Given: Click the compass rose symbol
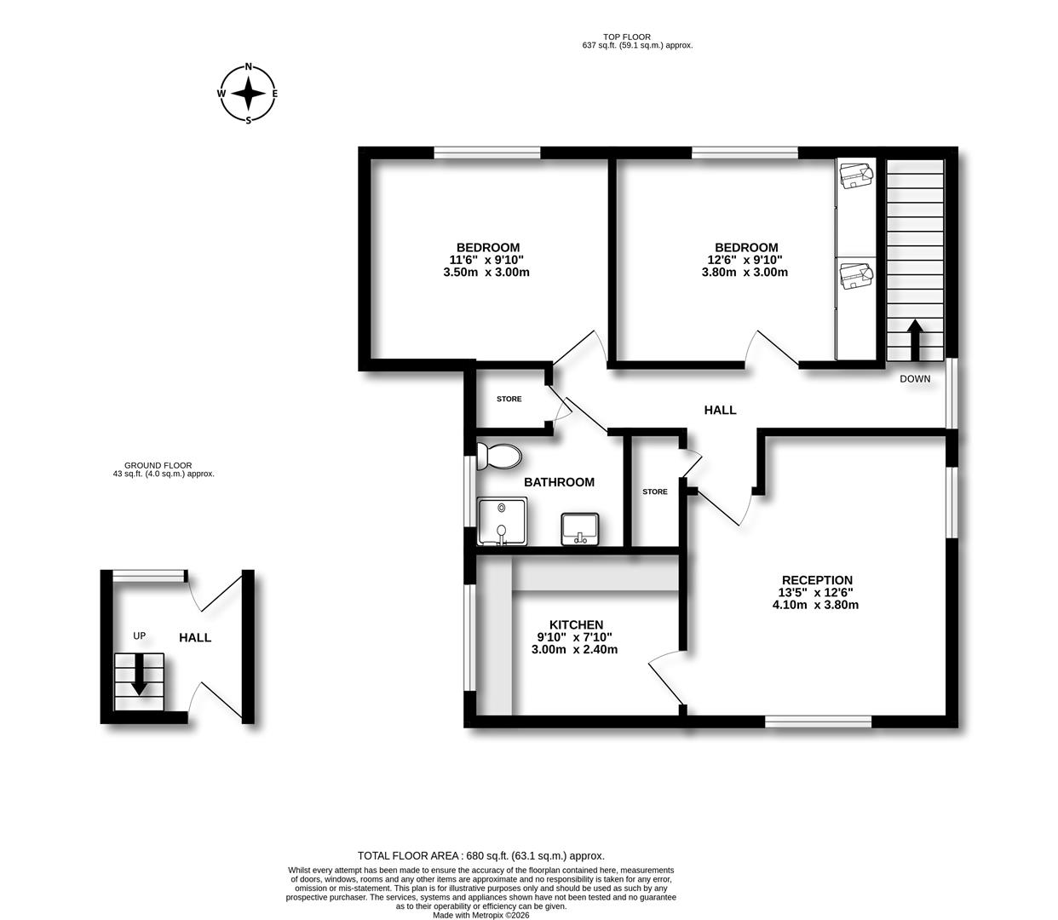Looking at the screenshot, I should coord(248,94).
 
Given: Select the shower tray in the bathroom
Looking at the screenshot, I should coord(502,521).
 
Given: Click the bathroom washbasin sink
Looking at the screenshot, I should coord(580,529).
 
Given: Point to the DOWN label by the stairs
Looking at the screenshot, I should coord(915,379).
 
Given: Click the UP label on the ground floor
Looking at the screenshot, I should coord(140,635).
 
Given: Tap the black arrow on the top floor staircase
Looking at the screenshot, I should coord(915,341).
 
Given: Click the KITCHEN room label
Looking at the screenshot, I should coord(576,624).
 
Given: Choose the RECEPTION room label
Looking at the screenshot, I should coord(817,580).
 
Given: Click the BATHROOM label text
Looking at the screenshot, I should coord(559,482).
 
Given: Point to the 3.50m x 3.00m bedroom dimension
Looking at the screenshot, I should coord(487,273).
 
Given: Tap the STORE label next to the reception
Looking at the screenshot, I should coord(654,492).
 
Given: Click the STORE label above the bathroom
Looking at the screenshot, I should coord(509,399).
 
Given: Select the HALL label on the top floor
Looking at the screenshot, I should coord(720,410).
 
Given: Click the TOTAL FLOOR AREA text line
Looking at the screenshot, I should coord(480,855).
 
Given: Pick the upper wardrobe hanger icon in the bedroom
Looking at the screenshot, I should coord(855,175).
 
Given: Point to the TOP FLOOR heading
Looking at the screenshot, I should coord(626,37).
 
